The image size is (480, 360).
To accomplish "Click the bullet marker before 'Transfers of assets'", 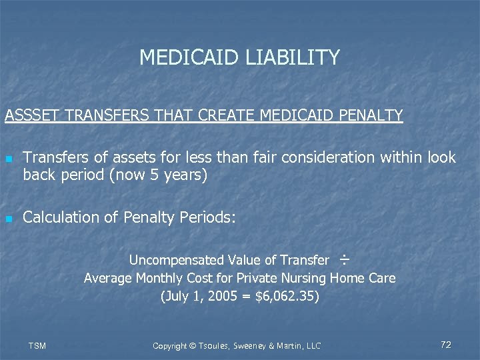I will click(8, 159).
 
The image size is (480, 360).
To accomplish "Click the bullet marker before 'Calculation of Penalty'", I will click(8, 219).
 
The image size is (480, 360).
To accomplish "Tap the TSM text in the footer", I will click(37, 345).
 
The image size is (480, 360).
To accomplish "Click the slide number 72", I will click(446, 345).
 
